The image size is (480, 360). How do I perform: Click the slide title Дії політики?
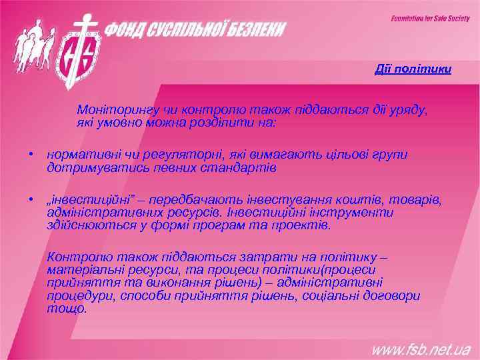click(413, 69)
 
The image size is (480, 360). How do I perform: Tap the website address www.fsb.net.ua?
click(421, 349)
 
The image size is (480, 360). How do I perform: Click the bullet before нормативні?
click(31, 155)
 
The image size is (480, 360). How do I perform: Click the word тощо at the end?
click(66, 309)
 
